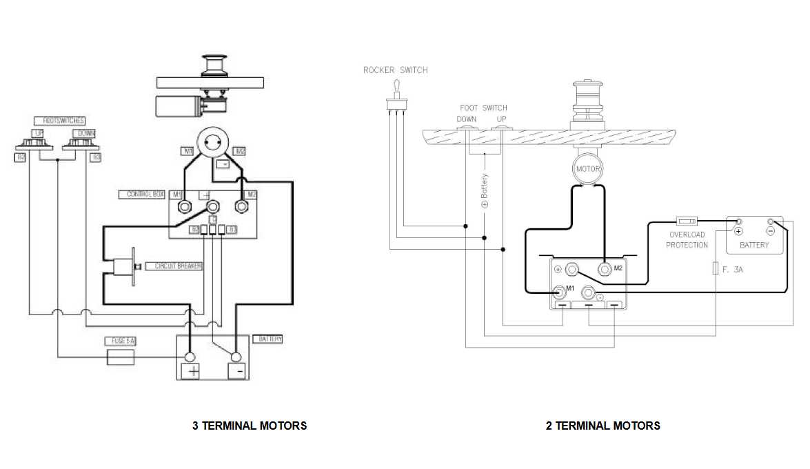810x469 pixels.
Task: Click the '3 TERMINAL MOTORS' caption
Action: point(249,426)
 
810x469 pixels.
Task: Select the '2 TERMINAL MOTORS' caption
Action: point(603,426)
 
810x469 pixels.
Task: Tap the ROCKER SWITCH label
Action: point(395,70)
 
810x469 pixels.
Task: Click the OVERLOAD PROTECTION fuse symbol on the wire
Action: point(687,221)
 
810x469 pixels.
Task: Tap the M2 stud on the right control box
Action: point(605,269)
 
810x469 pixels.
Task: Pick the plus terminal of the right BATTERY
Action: point(738,223)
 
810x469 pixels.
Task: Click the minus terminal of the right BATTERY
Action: point(771,223)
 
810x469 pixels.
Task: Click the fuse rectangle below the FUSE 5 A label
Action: point(121,357)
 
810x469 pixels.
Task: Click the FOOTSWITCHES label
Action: point(59,121)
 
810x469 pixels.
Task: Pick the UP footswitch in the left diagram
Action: point(34,141)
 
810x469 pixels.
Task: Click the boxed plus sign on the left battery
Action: point(190,372)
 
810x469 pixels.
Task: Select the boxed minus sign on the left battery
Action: point(236,372)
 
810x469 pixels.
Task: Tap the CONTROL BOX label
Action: point(144,194)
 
